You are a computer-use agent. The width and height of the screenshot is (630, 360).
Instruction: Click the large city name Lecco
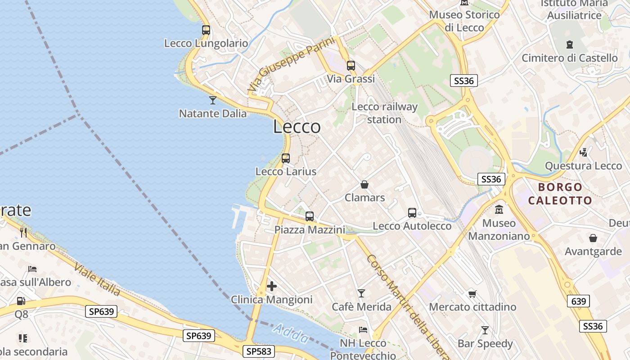[x=297, y=127]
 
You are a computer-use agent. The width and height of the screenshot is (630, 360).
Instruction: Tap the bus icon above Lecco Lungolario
[x=206, y=30]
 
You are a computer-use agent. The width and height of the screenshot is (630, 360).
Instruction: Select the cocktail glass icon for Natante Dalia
[x=213, y=100]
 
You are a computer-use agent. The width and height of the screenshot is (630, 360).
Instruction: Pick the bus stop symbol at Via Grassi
[x=351, y=65]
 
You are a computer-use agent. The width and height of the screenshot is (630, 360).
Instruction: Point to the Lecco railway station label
[x=384, y=113]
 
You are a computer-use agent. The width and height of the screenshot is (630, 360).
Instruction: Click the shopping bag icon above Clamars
[x=364, y=184]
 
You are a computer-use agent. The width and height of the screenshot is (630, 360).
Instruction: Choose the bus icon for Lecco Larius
[x=286, y=158]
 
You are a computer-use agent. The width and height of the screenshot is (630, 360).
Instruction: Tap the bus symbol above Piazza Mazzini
[x=310, y=216]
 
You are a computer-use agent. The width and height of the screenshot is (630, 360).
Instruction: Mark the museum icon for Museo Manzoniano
[x=499, y=210]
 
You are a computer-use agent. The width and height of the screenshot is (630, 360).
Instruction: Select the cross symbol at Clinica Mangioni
[x=272, y=286]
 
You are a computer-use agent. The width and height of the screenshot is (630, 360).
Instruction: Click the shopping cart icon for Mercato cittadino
[x=472, y=294]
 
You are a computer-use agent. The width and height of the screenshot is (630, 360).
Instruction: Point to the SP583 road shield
[x=259, y=351]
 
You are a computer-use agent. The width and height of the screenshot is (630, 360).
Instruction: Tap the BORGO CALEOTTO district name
[x=560, y=193]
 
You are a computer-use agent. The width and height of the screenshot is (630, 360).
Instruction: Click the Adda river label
[x=291, y=334]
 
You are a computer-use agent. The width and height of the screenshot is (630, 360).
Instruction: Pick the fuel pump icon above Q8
[x=21, y=301]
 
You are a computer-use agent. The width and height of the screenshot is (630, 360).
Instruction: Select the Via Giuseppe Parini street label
[x=292, y=65]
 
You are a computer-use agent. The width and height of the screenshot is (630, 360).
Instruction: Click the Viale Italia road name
[x=97, y=279]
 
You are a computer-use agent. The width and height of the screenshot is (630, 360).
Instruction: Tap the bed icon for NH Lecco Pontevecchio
[x=363, y=330]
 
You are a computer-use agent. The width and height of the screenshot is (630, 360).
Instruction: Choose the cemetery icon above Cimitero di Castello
[x=570, y=45]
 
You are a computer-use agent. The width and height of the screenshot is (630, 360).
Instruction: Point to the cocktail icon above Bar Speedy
[x=485, y=330]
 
